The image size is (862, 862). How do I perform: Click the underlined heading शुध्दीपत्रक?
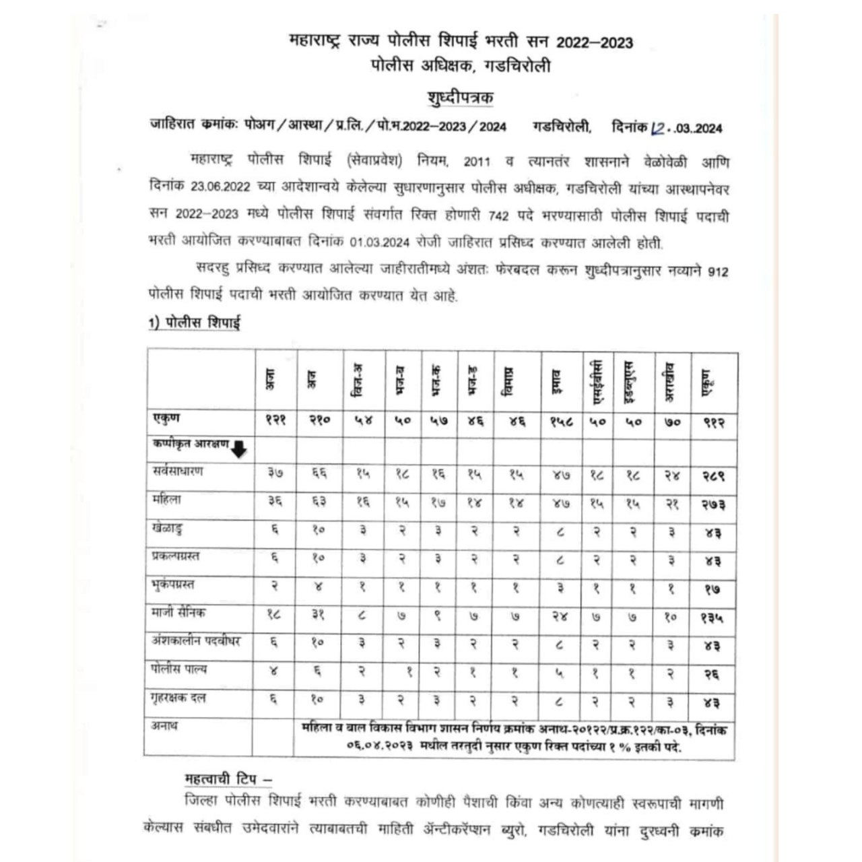[x=461, y=98]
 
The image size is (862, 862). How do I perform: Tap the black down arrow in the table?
[x=239, y=449]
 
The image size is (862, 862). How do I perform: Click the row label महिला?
[x=166, y=501]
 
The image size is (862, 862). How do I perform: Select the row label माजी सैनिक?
[x=179, y=614]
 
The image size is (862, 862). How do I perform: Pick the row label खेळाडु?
[x=168, y=529]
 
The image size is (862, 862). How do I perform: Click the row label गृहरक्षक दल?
[x=179, y=698]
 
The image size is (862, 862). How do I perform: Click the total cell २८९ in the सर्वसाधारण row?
[x=712, y=475]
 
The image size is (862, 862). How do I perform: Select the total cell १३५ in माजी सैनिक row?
[x=712, y=616]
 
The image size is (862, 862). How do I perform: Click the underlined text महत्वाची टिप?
[x=228, y=779]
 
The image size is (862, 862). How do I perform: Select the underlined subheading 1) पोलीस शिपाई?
[x=195, y=323]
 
